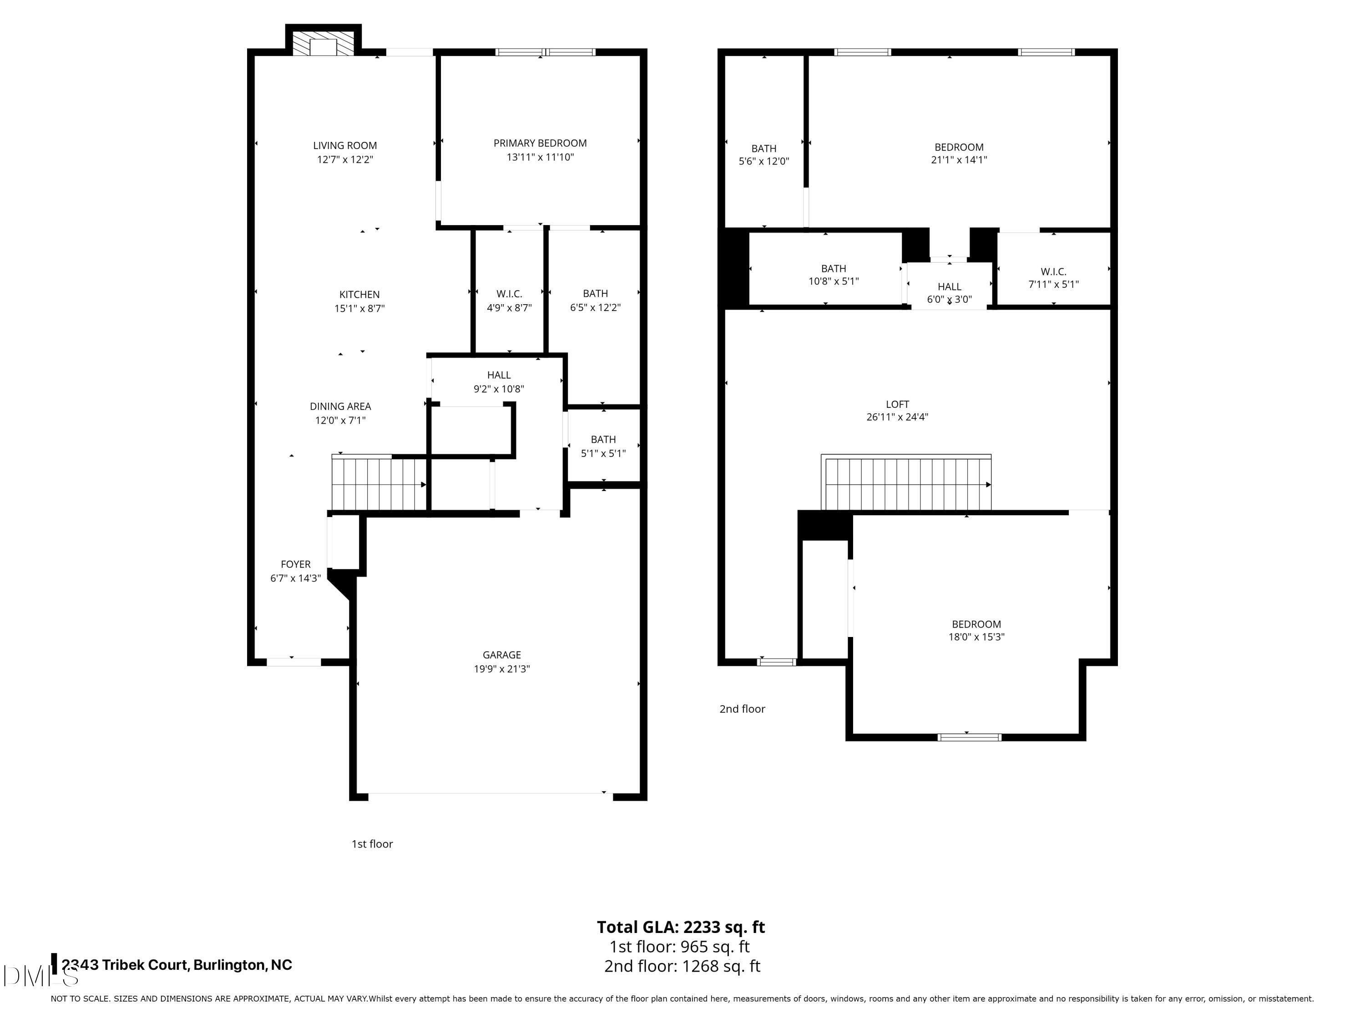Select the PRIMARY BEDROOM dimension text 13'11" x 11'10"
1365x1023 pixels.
coord(540,157)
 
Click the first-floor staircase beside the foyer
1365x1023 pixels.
coord(378,484)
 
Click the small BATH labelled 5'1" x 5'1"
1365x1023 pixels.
coord(603,446)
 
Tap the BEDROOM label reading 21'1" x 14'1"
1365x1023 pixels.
coord(959,153)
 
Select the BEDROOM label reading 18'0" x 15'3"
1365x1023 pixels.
coord(976,630)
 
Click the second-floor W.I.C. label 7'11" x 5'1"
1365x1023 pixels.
coord(1053,277)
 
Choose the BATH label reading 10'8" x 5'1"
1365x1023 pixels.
coord(834,275)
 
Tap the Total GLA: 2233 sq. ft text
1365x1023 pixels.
coord(681,927)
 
